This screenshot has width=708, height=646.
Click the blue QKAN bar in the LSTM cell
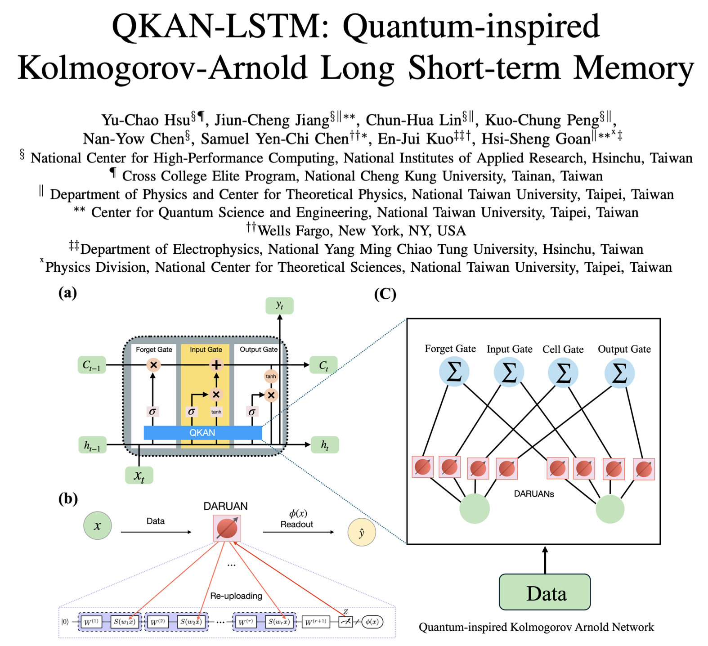(202, 433)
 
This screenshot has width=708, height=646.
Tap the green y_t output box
(279, 305)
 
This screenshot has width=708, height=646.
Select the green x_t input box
(139, 476)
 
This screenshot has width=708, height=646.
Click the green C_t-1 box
(92, 365)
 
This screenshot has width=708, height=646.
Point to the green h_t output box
(324, 445)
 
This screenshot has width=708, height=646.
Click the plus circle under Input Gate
(216, 365)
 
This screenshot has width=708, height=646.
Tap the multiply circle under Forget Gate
(153, 365)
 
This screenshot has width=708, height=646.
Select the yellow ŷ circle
(361, 533)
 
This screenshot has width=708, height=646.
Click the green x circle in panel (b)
(97, 525)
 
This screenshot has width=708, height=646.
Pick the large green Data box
(545, 592)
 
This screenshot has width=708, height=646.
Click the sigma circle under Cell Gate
(563, 373)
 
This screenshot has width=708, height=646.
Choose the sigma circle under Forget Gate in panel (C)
(454, 372)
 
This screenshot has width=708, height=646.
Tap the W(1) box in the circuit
(92, 622)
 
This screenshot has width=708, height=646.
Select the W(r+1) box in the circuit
(316, 622)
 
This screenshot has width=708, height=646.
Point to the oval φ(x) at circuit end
(372, 622)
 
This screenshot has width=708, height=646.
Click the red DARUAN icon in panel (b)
(227, 528)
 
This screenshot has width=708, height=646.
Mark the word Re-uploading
(236, 596)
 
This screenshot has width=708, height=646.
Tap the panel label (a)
(67, 293)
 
